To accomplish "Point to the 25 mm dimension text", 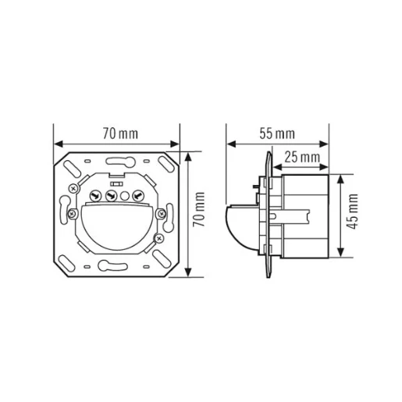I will (301, 158).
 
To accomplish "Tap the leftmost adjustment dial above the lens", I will (97, 195).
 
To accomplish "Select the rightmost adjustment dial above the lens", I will (137, 195).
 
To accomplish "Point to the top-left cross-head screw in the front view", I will (73, 187).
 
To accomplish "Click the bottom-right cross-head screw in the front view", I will (160, 237).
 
